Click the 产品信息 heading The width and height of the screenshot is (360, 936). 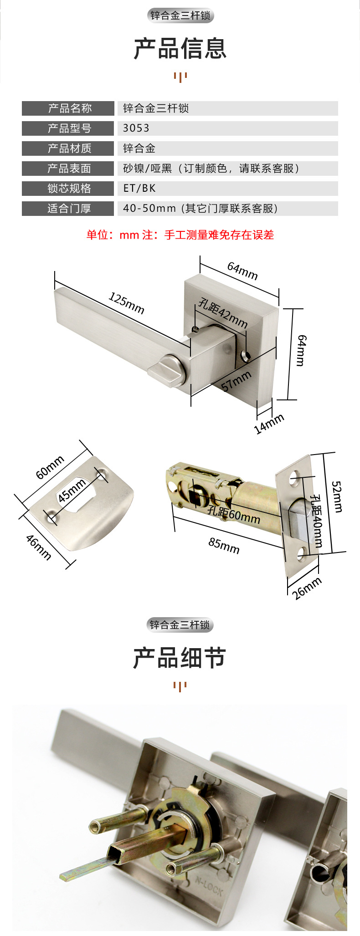[180, 49]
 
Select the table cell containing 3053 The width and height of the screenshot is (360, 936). [227, 128]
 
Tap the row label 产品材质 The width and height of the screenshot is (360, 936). [68, 148]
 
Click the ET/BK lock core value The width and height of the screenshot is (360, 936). [139, 188]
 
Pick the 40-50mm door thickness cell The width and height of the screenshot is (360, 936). [227, 209]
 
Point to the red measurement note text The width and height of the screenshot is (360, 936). [180, 235]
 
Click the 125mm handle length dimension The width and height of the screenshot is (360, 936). [126, 304]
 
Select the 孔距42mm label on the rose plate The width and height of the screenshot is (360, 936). [223, 313]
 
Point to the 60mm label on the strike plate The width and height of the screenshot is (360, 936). [50, 467]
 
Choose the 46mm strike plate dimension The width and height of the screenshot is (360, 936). [38, 547]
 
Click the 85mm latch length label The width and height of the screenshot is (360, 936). [224, 545]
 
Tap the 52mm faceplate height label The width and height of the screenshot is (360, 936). [337, 496]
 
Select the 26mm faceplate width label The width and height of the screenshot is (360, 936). [307, 588]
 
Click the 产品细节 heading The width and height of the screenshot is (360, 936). [180, 658]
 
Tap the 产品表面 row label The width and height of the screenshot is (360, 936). [68, 169]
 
